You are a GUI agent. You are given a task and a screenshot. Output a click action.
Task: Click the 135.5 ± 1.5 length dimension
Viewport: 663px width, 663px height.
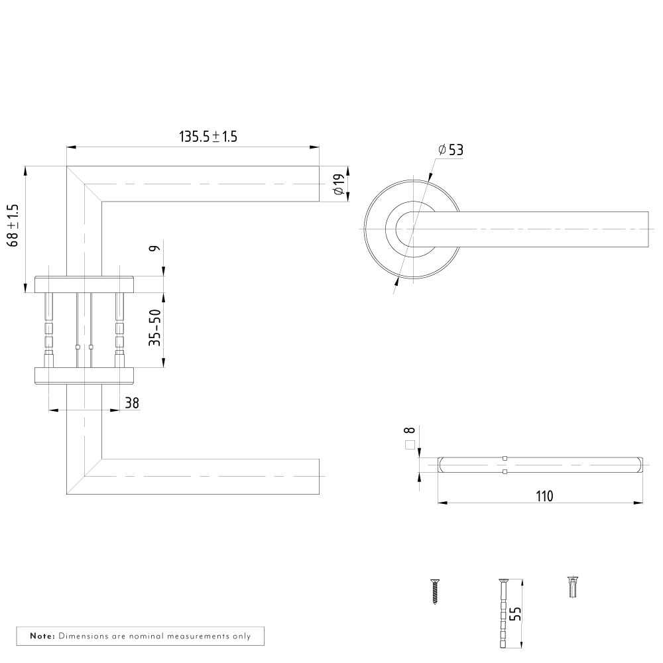click(208, 137)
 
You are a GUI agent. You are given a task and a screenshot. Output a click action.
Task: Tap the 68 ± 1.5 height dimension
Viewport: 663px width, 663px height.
click(13, 225)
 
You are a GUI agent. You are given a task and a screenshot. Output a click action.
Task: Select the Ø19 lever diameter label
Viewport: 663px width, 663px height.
click(339, 185)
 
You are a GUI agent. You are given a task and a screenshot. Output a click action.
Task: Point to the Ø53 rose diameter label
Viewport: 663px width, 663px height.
click(451, 150)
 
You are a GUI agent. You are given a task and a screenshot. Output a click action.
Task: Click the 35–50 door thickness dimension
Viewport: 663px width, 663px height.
click(155, 328)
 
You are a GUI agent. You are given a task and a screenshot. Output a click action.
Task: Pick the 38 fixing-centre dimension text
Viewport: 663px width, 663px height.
click(132, 403)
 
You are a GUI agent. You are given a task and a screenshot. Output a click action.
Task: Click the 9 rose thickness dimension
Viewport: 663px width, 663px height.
click(155, 248)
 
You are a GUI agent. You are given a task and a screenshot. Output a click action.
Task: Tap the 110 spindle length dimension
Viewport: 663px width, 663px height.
click(544, 496)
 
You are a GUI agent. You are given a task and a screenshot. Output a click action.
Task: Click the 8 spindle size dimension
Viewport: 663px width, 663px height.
click(409, 430)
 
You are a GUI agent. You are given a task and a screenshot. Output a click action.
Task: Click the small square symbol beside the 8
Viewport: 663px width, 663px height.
click(410, 445)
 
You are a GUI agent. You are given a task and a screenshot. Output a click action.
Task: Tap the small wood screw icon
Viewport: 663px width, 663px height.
click(435, 591)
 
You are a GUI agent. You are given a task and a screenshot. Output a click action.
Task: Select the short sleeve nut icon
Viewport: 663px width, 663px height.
click(573, 587)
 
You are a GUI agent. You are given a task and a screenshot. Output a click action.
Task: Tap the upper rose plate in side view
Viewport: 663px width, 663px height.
click(84, 284)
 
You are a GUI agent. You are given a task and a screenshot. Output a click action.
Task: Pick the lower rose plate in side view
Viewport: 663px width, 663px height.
click(84, 376)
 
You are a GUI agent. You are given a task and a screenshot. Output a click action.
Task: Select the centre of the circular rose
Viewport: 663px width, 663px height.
click(412, 229)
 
